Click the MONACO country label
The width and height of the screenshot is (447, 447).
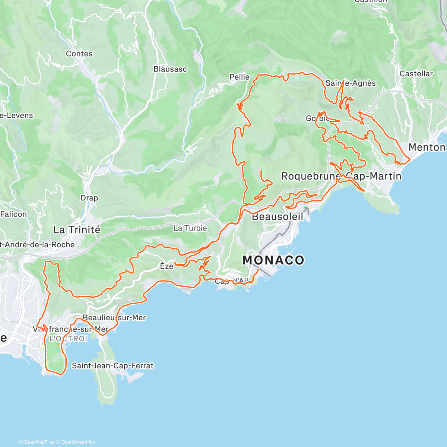click(273, 260)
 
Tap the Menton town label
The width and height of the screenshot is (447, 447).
click(427, 147)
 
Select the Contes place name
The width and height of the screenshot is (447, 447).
click(79, 54)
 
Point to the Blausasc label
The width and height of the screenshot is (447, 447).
click(170, 69)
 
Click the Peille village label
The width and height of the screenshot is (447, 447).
click(239, 77)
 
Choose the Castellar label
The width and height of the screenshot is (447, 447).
click(416, 74)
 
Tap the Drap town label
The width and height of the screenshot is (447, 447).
click(89, 198)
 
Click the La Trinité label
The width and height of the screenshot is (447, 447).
click(77, 229)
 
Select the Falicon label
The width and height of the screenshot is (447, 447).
click(14, 214)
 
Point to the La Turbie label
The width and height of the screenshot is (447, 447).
click(190, 228)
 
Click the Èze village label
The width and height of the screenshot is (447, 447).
click(167, 266)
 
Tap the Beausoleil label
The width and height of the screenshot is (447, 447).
click(277, 216)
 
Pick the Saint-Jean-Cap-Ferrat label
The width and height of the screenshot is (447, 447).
click(112, 365)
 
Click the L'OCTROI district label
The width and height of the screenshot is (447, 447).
click(68, 339)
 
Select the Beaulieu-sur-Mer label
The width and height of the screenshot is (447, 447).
click(114, 318)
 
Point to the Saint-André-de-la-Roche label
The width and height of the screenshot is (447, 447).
click(37, 245)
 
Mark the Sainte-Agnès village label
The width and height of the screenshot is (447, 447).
click(351, 83)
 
